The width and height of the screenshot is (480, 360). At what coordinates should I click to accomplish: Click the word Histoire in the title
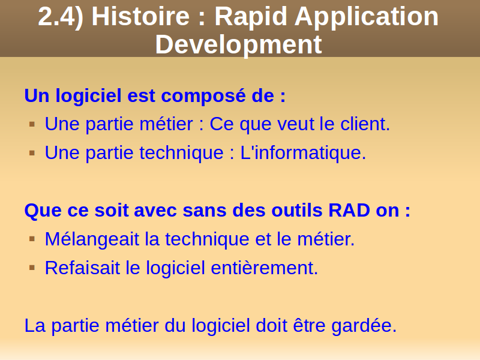[141, 16]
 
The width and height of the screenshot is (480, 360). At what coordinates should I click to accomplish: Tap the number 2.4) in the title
[61, 17]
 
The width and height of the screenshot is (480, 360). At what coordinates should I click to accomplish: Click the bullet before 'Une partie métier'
[32, 124]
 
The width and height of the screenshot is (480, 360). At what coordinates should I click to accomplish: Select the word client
[365, 124]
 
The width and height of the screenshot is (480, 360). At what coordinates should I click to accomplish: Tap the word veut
[296, 125]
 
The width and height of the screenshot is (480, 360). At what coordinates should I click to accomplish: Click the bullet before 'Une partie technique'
[32, 153]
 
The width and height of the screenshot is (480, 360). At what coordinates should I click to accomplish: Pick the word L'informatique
[303, 152]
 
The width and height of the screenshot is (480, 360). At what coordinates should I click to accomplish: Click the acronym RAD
[349, 211]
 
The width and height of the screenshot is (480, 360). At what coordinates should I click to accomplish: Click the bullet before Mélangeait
[32, 239]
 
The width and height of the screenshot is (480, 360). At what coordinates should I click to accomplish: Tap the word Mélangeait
[92, 239]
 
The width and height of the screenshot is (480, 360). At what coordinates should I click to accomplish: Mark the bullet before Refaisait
[32, 268]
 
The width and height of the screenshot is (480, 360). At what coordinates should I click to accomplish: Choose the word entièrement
[265, 268]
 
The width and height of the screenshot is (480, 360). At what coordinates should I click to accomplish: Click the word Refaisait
[82, 268]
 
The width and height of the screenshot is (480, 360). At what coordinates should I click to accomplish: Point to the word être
[309, 325]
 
